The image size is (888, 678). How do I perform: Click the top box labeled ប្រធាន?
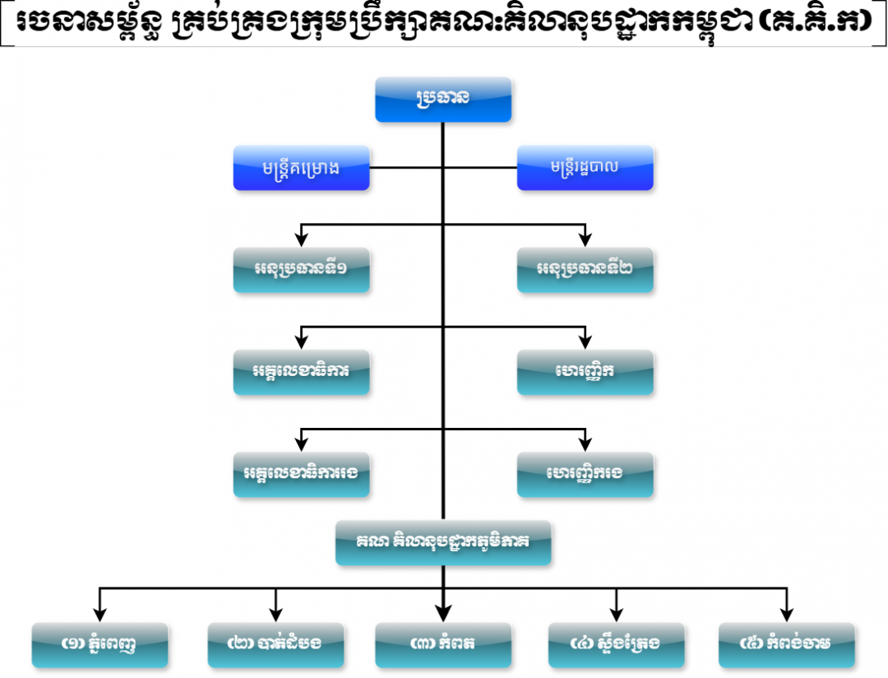443,100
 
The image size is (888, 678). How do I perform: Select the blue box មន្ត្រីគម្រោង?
301,168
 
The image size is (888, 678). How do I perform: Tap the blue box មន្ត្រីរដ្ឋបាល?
585,168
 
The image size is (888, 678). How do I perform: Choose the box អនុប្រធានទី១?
301,270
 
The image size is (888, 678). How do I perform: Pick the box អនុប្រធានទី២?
585,270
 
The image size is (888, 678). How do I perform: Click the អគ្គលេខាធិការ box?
301,373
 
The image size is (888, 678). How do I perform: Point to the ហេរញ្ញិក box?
585,373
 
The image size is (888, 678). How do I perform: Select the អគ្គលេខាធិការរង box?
301,475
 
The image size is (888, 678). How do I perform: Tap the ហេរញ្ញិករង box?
585,475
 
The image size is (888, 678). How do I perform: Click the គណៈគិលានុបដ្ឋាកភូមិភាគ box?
443,543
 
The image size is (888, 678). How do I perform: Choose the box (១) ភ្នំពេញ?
99,645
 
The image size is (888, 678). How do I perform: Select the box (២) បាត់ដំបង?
275,645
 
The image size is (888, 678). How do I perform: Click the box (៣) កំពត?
443,645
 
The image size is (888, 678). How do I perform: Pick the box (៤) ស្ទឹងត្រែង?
616,645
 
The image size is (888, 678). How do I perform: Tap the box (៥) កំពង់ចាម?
787,645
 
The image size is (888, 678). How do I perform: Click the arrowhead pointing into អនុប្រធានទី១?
301,239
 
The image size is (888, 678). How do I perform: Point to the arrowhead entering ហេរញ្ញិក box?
585,341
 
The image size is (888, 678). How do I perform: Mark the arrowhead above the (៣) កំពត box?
443,614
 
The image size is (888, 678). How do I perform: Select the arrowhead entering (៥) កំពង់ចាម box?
787,615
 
